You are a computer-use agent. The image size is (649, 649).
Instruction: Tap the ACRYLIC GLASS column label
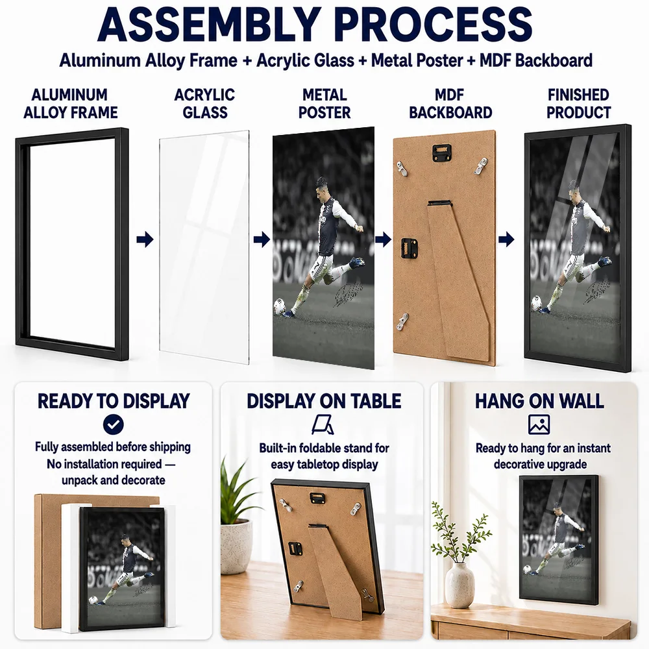tap(204, 103)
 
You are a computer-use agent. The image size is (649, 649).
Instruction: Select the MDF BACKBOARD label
tap(450, 103)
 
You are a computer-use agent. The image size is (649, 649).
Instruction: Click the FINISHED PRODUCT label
tap(578, 103)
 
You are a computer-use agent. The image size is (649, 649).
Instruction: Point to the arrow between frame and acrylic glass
tap(145, 239)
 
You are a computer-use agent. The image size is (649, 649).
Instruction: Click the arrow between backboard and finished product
tap(506, 239)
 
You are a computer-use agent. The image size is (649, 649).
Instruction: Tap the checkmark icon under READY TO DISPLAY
tap(113, 424)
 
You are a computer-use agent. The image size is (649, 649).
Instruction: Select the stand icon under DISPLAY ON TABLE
tap(323, 424)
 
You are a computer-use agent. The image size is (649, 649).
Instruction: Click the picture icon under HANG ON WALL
tap(539, 424)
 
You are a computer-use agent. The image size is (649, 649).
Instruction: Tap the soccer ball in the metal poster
tap(279, 307)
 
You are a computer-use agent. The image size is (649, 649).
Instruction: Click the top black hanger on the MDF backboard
tap(442, 151)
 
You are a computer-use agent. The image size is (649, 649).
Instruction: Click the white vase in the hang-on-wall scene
tap(459, 585)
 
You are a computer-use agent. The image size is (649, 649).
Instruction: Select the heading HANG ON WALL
tap(539, 400)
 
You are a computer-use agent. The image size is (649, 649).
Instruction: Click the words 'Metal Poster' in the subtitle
tap(417, 60)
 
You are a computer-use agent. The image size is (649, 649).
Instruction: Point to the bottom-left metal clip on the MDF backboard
tap(402, 322)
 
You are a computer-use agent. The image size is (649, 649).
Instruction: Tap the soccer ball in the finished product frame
tap(536, 302)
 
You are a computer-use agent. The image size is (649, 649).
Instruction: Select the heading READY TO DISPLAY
tap(114, 400)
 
